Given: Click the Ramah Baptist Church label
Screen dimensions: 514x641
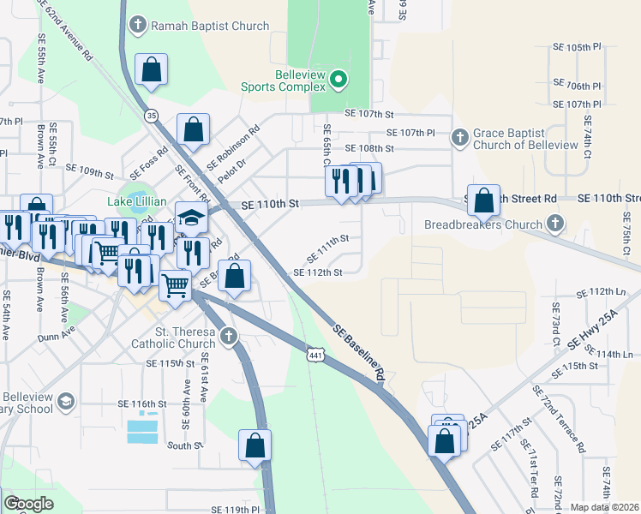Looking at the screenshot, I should coord(210,26).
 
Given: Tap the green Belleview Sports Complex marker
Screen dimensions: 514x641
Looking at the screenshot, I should coord(338,81).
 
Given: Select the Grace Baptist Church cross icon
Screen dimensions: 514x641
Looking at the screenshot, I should coord(460,136).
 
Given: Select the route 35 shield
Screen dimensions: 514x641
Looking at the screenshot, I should coord(152,115).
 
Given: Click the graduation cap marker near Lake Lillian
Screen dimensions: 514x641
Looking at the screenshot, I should coord(192,218).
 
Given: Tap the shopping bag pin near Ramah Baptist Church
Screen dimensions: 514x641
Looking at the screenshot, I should coord(151,73).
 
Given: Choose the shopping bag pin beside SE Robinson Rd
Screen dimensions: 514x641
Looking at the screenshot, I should coord(194,130).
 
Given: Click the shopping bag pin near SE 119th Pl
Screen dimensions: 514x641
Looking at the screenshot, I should coord(255,446).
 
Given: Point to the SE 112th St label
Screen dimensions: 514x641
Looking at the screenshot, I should coord(318,272).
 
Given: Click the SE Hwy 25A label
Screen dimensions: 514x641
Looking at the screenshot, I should coord(606,333).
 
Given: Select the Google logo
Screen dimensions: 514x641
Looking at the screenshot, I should coord(27,505).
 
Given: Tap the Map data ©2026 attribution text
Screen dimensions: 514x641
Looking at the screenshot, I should coord(604,507).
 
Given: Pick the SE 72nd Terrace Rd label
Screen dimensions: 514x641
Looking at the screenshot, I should coord(559,419).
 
